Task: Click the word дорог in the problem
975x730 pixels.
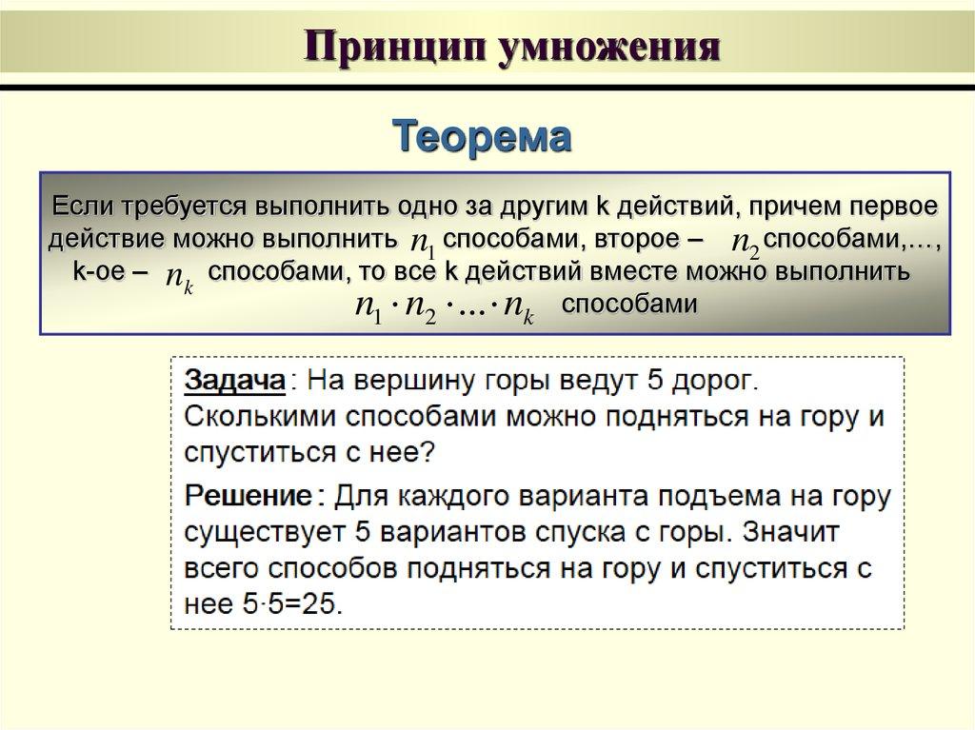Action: (x=713, y=381)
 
